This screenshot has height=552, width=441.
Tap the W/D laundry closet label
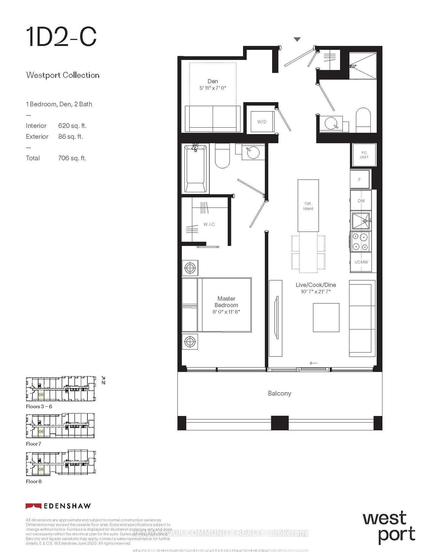[262, 122]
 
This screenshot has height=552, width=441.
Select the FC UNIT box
[364, 155]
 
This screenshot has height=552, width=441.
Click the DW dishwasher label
[361, 201]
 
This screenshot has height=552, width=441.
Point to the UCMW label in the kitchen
[361, 262]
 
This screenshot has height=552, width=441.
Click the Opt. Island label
[308, 206]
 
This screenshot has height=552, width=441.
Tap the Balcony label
[279, 393]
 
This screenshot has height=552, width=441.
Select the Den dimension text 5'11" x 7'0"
[213, 88]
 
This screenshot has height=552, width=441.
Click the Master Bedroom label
[226, 302]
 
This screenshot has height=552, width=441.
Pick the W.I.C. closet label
[209, 224]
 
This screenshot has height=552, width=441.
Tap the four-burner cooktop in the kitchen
[360, 242]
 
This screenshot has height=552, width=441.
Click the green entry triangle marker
[297, 39]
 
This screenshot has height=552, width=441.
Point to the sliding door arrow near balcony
[313, 363]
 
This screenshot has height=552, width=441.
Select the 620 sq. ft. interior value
[72, 126]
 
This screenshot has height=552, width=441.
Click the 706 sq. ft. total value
[72, 158]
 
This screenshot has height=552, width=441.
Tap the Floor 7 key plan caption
[33, 444]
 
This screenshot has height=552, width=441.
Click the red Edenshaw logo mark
[33, 506]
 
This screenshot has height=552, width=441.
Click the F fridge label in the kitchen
[360, 180]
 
